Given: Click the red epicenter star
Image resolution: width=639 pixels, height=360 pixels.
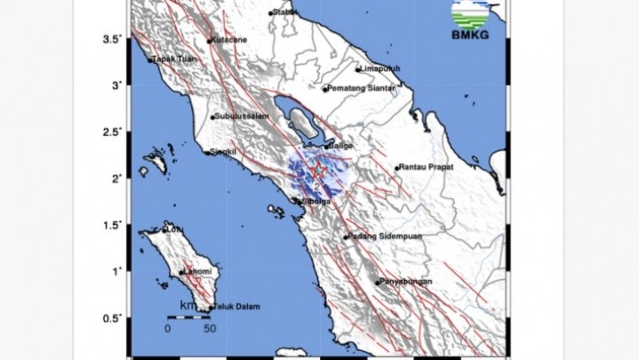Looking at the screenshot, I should coord(315,171).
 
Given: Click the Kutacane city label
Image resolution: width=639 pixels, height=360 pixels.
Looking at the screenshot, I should coord(229,41).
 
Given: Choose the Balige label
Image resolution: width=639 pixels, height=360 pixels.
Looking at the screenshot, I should coord(341,145).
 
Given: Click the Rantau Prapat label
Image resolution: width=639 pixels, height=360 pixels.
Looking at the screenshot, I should coord(427,167).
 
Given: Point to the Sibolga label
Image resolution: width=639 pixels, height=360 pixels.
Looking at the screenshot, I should coord(316,202).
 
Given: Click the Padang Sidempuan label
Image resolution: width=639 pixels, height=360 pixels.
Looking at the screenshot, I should coord(385,236).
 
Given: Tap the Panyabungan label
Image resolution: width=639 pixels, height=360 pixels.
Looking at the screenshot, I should coord(406,282).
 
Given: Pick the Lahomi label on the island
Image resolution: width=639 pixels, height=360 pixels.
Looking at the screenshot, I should coord(198,272).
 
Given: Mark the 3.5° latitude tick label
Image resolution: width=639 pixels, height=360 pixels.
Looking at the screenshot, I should coord(110,40).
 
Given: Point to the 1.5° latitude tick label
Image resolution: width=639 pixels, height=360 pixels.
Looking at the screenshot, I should coord(110,226).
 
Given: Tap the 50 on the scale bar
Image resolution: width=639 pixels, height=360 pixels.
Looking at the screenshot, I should coord(210,328).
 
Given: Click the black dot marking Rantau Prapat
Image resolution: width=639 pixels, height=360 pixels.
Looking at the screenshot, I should coord(397,168).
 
